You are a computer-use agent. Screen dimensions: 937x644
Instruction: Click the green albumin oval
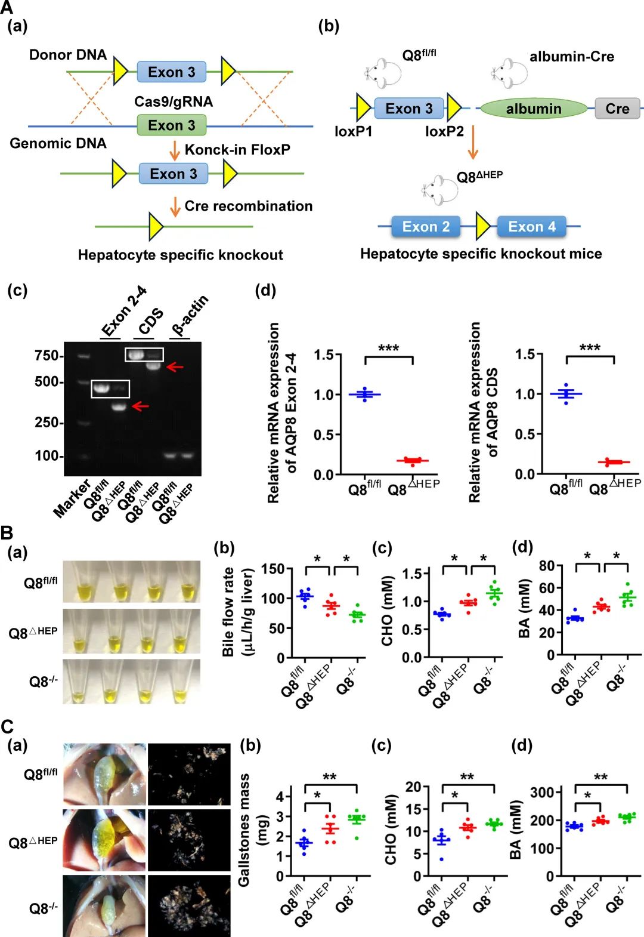point(534,109)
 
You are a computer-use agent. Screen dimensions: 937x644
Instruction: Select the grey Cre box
point(617,109)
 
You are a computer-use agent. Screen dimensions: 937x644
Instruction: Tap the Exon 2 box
point(426,227)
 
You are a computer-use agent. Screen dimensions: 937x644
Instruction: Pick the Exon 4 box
point(531,227)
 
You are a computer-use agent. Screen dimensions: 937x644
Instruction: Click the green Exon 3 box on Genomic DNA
point(171,125)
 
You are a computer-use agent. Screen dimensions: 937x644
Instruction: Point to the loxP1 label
point(353,131)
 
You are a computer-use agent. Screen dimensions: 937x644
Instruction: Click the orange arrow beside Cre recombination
point(175,206)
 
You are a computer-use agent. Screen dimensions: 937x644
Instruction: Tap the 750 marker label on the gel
point(46,356)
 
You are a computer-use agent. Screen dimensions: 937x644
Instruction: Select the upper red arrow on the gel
point(175,366)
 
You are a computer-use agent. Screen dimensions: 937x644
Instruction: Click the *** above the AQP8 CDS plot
point(590,348)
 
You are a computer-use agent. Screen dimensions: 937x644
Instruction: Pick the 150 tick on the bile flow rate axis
point(273,569)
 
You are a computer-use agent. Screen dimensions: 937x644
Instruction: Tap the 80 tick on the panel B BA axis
point(547,566)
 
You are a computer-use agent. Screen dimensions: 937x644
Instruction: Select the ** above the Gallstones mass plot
point(330,777)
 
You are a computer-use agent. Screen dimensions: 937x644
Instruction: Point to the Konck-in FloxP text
point(237,150)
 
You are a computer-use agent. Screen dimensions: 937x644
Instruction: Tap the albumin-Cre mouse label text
point(571,57)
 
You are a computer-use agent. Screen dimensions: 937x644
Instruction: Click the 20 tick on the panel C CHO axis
point(413,787)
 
